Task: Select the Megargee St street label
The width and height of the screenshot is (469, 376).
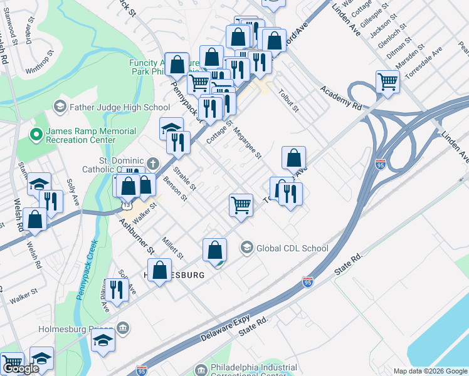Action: click(x=246, y=142)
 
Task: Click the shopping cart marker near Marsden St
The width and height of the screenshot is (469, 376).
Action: click(x=388, y=81)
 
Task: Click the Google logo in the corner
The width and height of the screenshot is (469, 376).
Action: click(x=21, y=368)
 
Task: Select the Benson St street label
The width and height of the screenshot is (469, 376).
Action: click(x=176, y=189)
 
